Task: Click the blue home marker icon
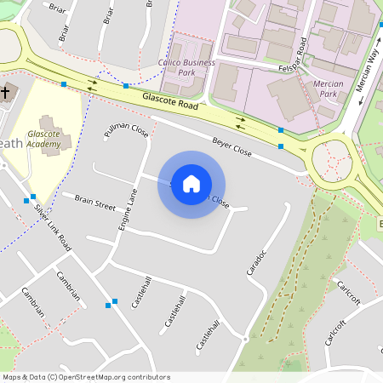tap(191, 184)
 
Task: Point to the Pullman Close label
tap(126, 131)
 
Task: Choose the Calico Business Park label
tap(187, 67)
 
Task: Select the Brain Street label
tap(94, 201)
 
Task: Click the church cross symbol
tap(5, 91)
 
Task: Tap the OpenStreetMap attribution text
tap(86, 377)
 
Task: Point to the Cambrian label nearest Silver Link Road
tap(68, 285)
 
